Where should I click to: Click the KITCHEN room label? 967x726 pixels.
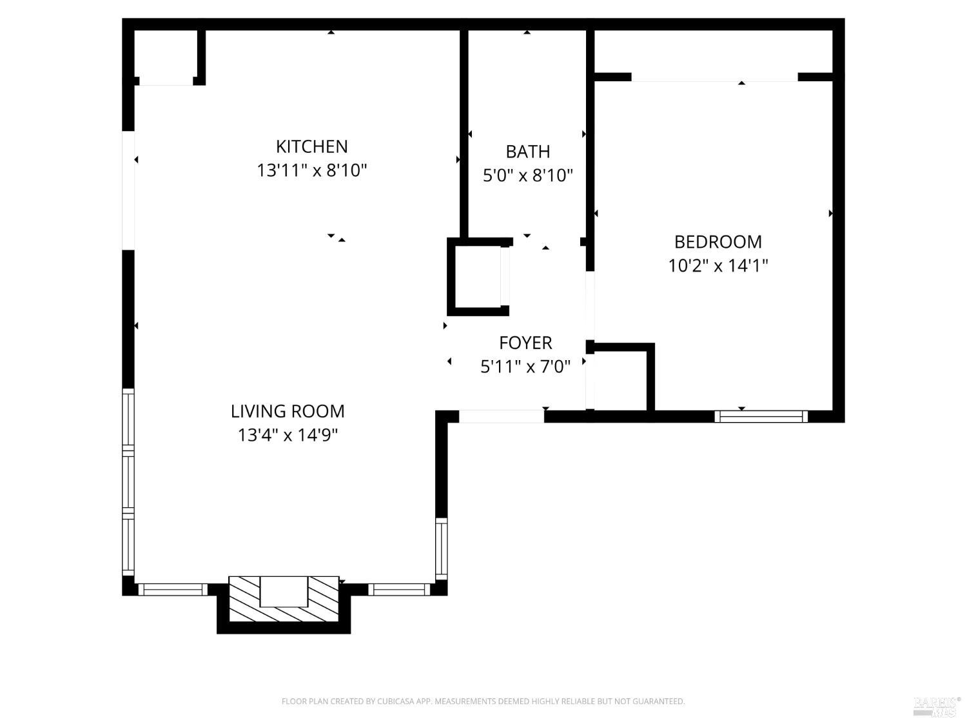click(312, 146)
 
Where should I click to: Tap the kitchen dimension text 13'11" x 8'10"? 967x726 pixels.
click(312, 171)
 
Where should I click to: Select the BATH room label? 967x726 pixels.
click(527, 152)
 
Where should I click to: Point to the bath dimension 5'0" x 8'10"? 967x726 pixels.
click(527, 176)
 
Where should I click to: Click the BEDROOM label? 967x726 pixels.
click(718, 242)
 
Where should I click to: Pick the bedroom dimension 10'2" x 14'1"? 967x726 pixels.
click(718, 266)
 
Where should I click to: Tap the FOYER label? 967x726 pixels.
click(525, 343)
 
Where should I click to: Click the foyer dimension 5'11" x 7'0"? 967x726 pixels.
click(525, 367)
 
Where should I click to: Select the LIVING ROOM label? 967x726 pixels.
click(288, 411)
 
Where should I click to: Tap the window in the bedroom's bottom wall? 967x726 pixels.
click(761, 416)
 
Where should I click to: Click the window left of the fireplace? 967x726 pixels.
click(173, 589)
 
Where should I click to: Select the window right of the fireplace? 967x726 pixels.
click(399, 589)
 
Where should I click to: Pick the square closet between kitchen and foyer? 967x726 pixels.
click(478, 276)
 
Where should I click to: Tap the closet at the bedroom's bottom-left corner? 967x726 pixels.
click(620, 381)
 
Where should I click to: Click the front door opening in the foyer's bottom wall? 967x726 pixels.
click(501, 416)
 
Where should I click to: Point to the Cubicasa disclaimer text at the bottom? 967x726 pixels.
click(483, 701)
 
